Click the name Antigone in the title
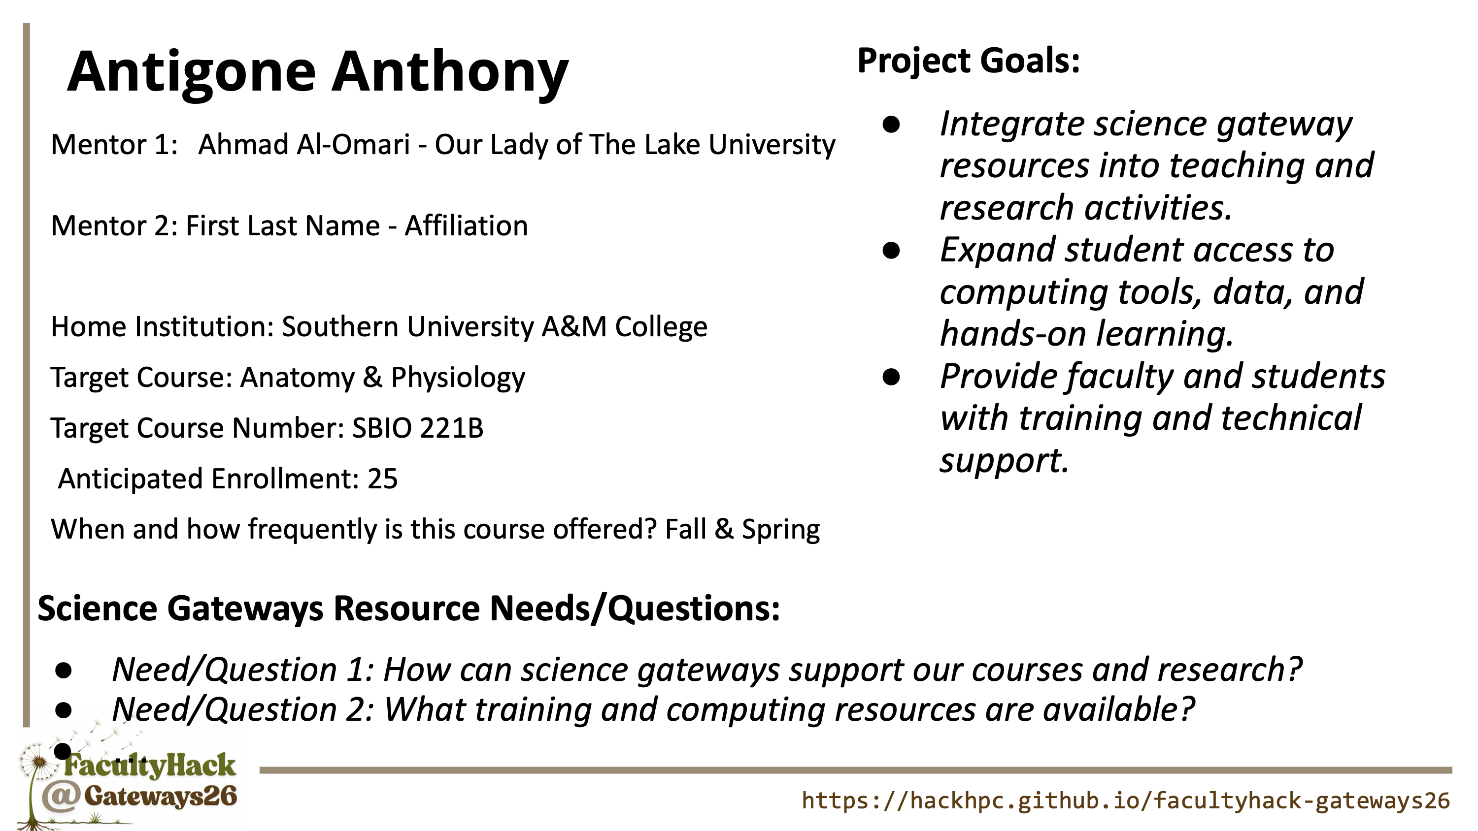(x=192, y=72)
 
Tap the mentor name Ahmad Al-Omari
(x=304, y=145)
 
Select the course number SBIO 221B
(x=418, y=428)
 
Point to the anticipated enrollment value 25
(x=383, y=479)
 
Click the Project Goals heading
(x=969, y=62)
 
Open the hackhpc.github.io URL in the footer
(x=1126, y=800)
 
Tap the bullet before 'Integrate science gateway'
(x=891, y=125)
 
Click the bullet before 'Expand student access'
(x=891, y=251)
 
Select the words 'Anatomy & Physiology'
(x=382, y=378)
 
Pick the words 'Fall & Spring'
(x=742, y=529)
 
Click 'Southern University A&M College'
(x=494, y=327)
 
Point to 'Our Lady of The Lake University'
(x=635, y=145)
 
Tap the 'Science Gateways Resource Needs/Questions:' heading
(x=408, y=608)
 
